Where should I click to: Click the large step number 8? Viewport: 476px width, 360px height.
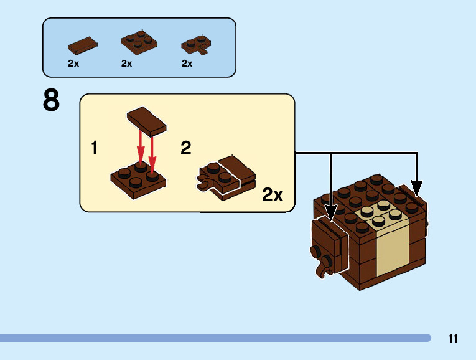pos(52,100)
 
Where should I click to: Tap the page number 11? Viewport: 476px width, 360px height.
pos(453,339)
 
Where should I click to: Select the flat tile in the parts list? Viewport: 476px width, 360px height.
pos(83,45)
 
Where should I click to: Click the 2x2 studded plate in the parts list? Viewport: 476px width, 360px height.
pos(138,42)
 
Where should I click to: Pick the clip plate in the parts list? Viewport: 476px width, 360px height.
pos(195,43)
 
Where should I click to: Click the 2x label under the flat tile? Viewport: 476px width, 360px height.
pos(73,64)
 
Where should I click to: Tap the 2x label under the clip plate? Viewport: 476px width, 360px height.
pos(187,64)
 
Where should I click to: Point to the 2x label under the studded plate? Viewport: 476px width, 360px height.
pos(127,64)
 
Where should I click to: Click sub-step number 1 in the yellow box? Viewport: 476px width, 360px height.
pos(94,148)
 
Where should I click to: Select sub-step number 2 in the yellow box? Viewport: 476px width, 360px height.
pos(185,148)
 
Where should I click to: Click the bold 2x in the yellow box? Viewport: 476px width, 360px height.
pos(273,195)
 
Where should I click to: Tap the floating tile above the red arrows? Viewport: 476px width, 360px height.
pos(147,119)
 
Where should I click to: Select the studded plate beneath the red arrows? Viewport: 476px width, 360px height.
pos(139,179)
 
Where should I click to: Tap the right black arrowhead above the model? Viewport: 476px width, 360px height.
pos(416,186)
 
